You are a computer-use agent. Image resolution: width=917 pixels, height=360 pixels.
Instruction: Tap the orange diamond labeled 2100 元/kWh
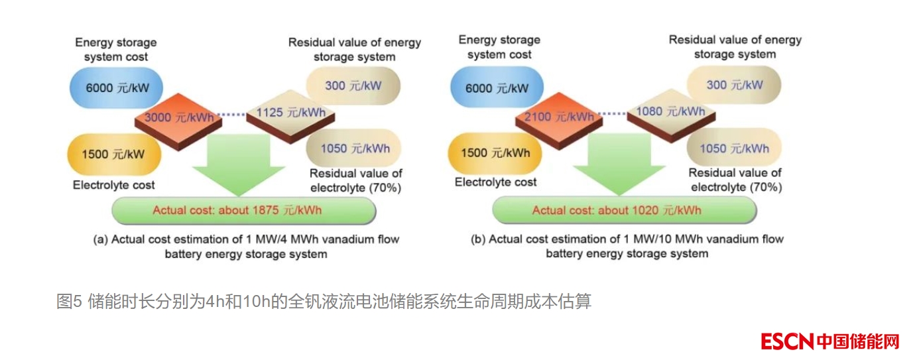556,117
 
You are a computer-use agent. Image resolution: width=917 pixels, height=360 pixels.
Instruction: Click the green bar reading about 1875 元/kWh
243,210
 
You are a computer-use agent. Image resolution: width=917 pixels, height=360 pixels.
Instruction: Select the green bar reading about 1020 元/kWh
624,210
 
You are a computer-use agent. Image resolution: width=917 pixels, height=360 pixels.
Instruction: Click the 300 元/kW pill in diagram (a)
353,86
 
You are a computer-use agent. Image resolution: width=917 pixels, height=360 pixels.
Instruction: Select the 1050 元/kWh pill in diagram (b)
734,149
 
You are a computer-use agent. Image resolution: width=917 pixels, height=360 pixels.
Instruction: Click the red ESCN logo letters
787,341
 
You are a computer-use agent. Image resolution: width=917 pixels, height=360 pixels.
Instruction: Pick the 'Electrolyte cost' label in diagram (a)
113,185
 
